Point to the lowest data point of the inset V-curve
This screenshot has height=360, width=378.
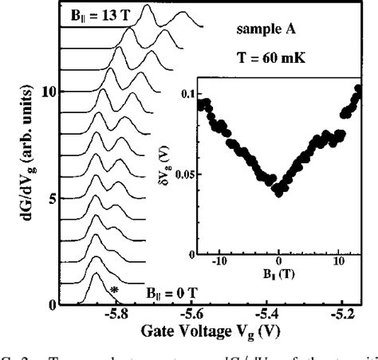[278, 190]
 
